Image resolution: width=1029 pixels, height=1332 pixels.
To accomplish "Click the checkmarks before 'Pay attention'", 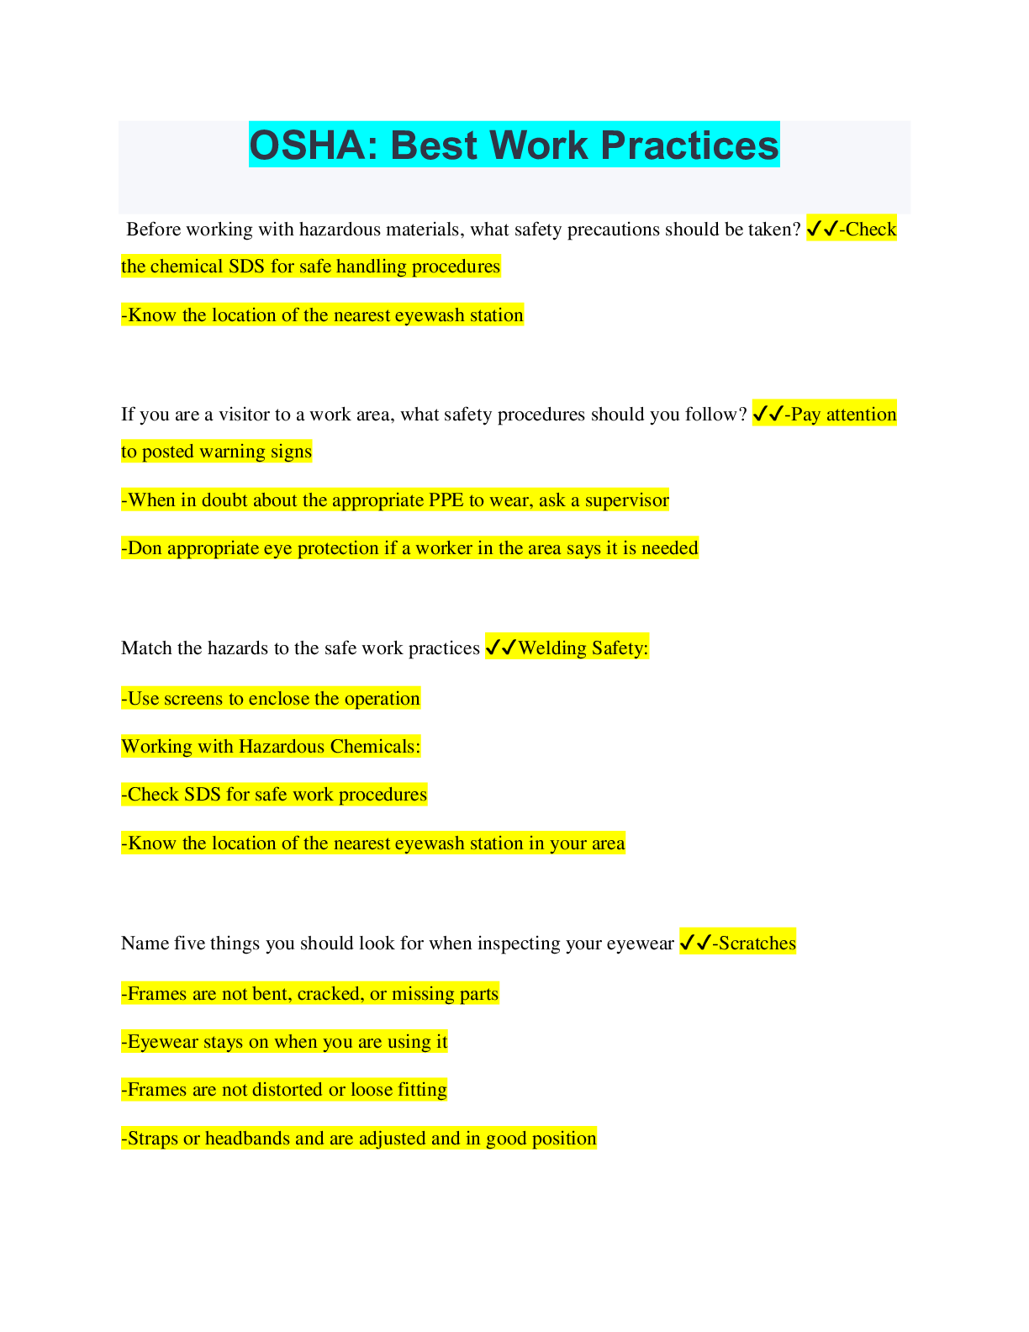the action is tap(768, 415).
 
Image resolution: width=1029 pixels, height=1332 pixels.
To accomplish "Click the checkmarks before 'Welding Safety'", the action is tap(501, 647).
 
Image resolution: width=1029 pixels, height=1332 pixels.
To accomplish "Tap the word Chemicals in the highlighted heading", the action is tap(376, 747).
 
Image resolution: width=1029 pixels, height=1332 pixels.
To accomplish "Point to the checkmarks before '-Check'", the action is tap(822, 230).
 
